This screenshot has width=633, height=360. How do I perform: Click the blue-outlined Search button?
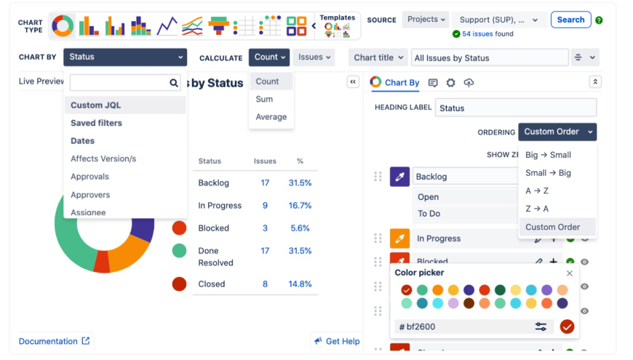pyautogui.click(x=570, y=20)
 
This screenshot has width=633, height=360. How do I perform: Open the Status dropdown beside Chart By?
pyautogui.click(x=125, y=57)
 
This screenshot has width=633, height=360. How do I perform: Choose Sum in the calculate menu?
pyautogui.click(x=264, y=99)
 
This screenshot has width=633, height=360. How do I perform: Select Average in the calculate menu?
pyautogui.click(x=271, y=116)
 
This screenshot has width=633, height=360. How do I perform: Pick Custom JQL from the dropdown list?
pyautogui.click(x=96, y=105)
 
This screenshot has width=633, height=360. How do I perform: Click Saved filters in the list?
pyautogui.click(x=96, y=123)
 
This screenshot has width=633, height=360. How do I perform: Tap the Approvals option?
pyautogui.click(x=89, y=177)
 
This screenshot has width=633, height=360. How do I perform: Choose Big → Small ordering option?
pyautogui.click(x=548, y=155)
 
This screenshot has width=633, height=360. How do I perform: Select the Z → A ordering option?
pyautogui.click(x=537, y=209)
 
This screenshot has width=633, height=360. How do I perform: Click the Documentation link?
pyautogui.click(x=48, y=341)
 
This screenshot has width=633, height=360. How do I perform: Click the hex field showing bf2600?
pyautogui.click(x=466, y=327)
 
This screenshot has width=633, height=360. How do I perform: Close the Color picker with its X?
pyautogui.click(x=570, y=273)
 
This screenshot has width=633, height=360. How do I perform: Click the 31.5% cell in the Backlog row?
pyautogui.click(x=300, y=183)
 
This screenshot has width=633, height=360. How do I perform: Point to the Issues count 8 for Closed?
pyautogui.click(x=265, y=284)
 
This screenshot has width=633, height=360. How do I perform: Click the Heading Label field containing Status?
pyautogui.click(x=516, y=108)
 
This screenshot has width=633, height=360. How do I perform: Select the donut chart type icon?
pyautogui.click(x=63, y=26)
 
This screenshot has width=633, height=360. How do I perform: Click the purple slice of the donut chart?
pyautogui.click(x=144, y=227)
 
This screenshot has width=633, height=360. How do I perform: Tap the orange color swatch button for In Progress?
pyautogui.click(x=399, y=238)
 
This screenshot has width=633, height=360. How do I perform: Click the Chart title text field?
pyautogui.click(x=489, y=57)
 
